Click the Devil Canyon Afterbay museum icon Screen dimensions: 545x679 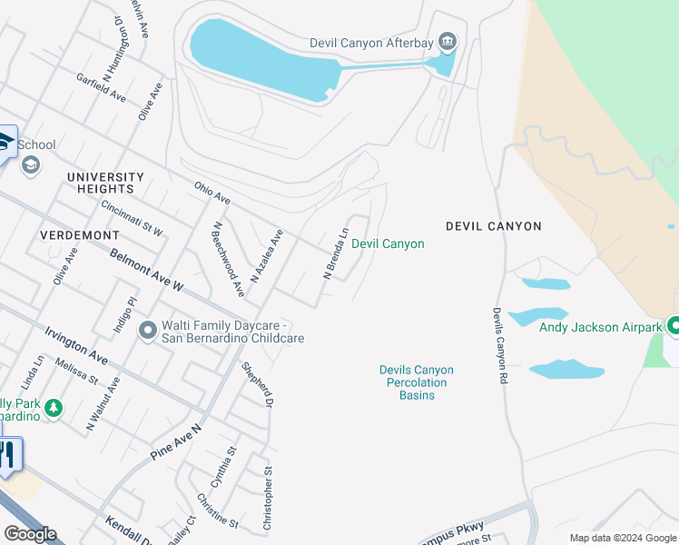pos(447,42)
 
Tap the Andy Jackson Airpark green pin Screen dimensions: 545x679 pos(674,325)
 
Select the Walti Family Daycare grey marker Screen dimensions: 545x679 pos(148,332)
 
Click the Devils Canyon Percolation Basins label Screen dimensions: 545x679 pos(416,382)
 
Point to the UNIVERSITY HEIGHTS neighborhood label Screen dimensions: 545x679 pos(104,183)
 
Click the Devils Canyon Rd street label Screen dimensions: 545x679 pos(498,344)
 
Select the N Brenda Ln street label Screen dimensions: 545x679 pos(336,253)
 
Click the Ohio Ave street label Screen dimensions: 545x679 pos(212,193)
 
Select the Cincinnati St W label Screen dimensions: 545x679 pos(132,219)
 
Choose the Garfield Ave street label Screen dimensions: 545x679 pos(101,87)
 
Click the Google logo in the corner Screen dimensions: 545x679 pos(30,534)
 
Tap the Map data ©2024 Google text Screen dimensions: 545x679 pos(623,538)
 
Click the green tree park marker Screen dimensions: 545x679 pos(54,409)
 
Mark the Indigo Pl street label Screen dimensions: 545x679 pos(124,313)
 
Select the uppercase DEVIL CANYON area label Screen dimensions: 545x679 pos(493,226)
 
